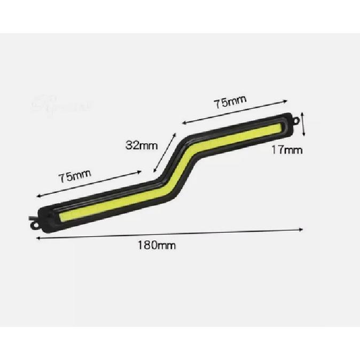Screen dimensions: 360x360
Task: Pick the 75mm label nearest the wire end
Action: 75,177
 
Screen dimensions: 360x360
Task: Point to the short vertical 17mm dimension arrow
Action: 303,124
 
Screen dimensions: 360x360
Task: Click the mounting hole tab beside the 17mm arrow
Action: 294,121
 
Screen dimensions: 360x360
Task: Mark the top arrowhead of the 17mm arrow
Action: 303,113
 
